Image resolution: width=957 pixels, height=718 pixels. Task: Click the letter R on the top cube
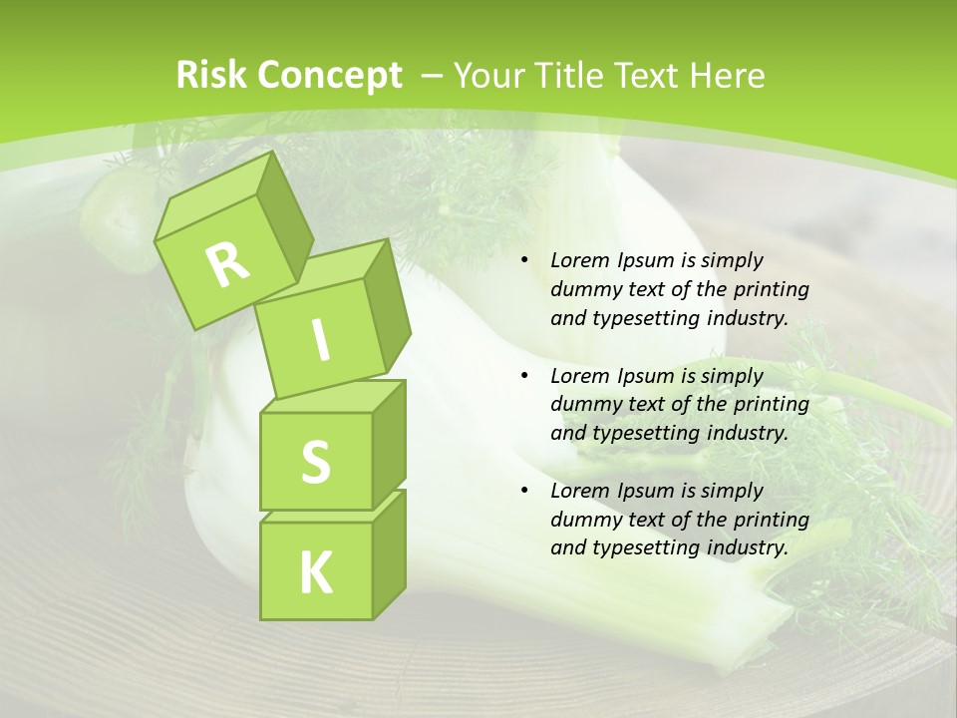pyautogui.click(x=227, y=264)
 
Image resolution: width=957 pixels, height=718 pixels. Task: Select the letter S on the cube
pyautogui.click(x=315, y=462)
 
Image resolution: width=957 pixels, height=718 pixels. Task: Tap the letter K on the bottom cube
pyautogui.click(x=315, y=573)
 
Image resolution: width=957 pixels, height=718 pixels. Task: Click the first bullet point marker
pyautogui.click(x=524, y=261)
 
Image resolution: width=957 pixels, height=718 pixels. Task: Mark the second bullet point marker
pyautogui.click(x=524, y=376)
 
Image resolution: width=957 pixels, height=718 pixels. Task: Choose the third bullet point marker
pyautogui.click(x=524, y=491)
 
